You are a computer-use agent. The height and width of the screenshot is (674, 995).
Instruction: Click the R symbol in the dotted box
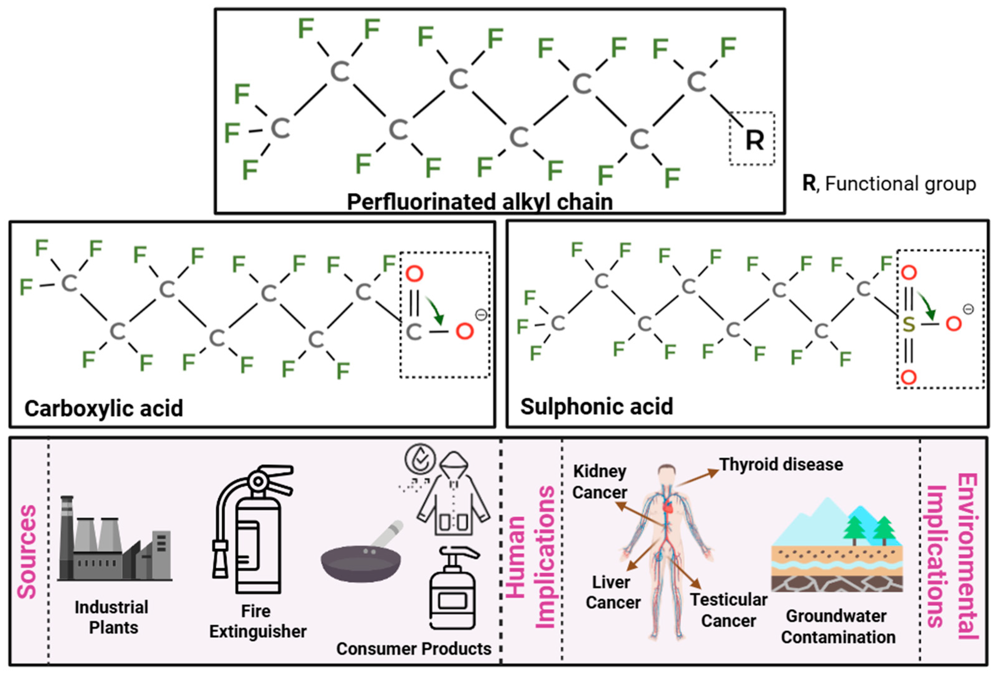(x=754, y=140)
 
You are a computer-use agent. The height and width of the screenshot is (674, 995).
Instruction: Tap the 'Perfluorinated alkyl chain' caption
(x=479, y=202)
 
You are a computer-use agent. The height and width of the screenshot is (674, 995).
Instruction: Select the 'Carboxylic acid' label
(x=104, y=408)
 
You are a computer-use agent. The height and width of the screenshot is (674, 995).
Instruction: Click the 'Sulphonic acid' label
(x=596, y=406)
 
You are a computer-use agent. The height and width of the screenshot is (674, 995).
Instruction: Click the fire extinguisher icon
(x=253, y=529)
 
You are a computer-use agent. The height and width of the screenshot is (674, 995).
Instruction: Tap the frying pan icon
(x=362, y=552)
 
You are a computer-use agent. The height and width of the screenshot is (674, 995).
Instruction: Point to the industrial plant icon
(x=115, y=539)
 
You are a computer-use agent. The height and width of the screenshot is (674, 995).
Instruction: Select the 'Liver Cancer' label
(x=613, y=592)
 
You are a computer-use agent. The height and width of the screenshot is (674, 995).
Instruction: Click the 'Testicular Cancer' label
(x=729, y=610)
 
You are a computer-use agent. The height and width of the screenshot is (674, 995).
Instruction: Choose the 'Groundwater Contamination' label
(x=838, y=626)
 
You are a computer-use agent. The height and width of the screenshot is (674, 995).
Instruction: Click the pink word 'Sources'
(x=27, y=552)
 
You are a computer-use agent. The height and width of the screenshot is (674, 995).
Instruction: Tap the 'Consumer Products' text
(x=414, y=649)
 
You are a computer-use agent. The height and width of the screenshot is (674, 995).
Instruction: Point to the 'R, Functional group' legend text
(x=889, y=184)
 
